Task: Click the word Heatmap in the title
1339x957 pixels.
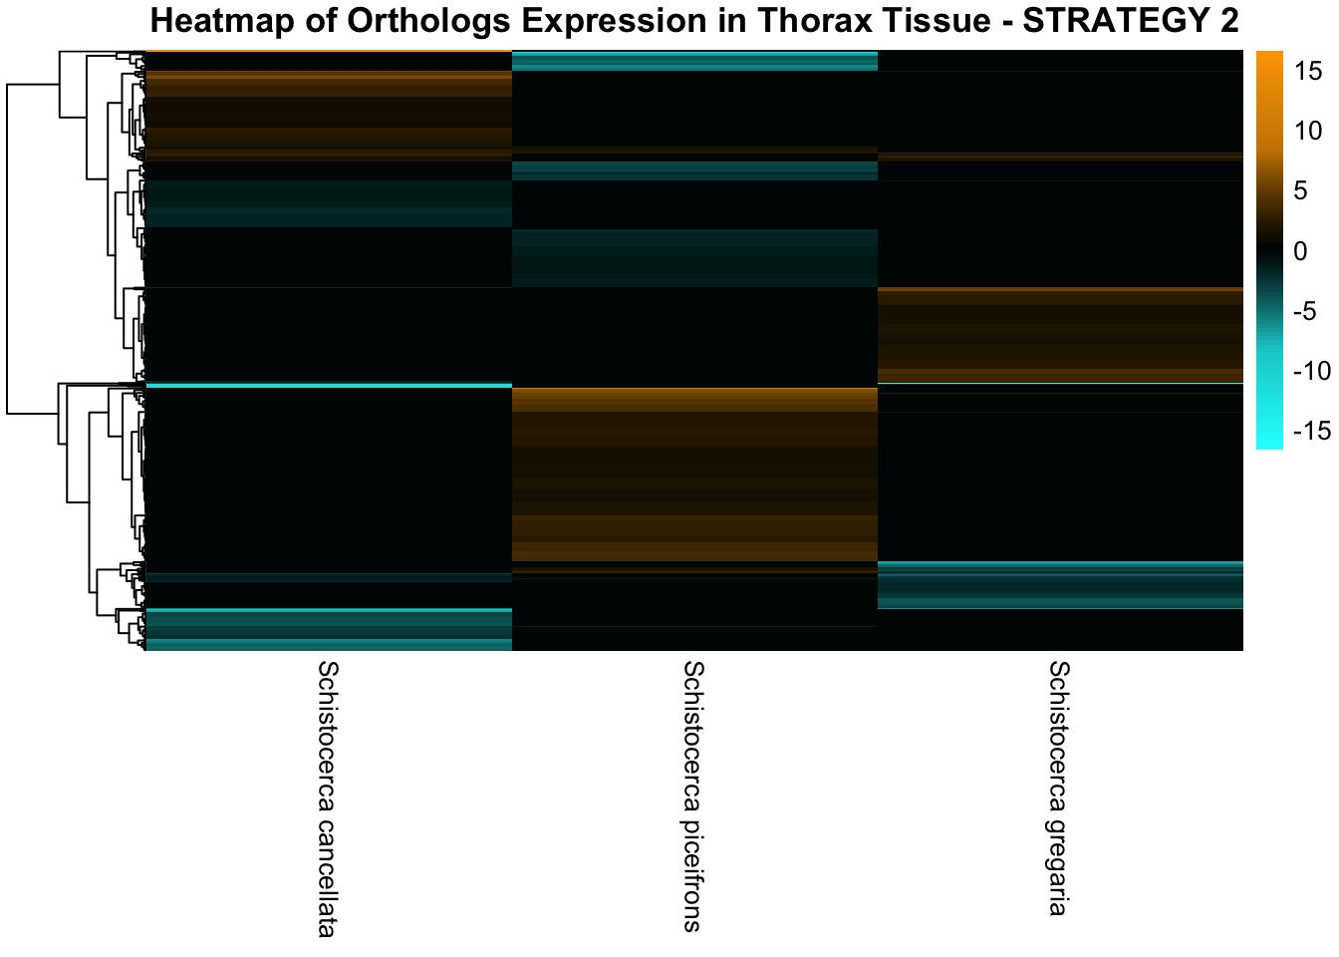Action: [x=222, y=22]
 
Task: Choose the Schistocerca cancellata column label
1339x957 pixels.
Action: [x=328, y=797]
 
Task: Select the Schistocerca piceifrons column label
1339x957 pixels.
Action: [x=693, y=796]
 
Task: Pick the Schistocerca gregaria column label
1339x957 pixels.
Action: [x=1059, y=788]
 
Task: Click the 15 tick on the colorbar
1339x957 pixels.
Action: [x=1307, y=71]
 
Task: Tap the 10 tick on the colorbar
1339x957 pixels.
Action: [x=1307, y=131]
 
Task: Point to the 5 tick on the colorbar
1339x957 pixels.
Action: [x=1301, y=190]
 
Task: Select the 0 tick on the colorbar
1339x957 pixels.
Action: [x=1301, y=251]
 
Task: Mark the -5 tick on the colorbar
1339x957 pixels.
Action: [x=1304, y=311]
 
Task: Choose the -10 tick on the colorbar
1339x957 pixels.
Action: [x=1311, y=371]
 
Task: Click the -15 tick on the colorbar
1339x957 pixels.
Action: [x=1311, y=431]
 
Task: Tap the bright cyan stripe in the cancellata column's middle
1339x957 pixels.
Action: [x=329, y=386]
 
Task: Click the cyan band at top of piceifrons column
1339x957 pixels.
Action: [x=694, y=61]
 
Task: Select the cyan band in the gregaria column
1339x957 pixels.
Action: [x=1060, y=585]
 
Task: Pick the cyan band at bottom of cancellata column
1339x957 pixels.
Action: [x=329, y=629]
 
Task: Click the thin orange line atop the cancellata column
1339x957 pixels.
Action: [x=329, y=51]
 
